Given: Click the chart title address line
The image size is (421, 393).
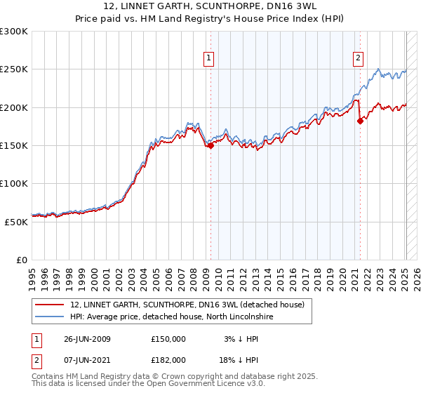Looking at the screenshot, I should point(210,6).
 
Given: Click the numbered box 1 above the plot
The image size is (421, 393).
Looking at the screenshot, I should point(209,59).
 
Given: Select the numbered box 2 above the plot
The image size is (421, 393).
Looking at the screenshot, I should point(359,59).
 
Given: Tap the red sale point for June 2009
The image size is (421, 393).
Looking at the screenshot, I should point(210,145).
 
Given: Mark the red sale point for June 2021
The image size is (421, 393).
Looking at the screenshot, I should point(360,121).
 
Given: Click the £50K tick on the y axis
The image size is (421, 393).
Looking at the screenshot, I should point(16,222).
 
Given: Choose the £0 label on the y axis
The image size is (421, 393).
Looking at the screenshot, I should point(22,260).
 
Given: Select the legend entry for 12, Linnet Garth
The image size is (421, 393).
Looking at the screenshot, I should point(187,305).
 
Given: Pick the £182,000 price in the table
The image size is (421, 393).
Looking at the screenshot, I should point(168,359).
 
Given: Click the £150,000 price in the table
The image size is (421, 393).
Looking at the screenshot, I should point(168,339).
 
